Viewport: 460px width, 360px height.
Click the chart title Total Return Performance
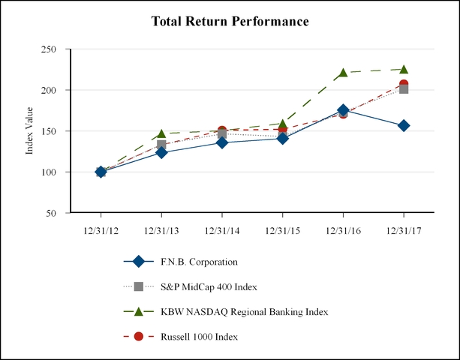230,22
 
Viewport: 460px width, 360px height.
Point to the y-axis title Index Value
30,130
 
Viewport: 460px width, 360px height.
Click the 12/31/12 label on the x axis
101,230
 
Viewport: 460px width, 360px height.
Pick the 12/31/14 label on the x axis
221,230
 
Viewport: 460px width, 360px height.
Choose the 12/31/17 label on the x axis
404,230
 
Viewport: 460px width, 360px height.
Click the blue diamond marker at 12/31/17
404,125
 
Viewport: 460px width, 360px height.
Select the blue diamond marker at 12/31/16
343,110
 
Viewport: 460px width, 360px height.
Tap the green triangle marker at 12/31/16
343,73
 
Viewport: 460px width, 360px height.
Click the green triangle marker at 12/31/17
404,69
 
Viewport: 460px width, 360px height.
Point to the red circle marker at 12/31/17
404,85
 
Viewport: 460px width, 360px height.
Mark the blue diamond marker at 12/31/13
161,152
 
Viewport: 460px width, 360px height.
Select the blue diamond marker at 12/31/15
282,138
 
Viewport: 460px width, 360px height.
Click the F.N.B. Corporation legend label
199,262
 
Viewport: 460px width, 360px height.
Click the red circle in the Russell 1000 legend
138,336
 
